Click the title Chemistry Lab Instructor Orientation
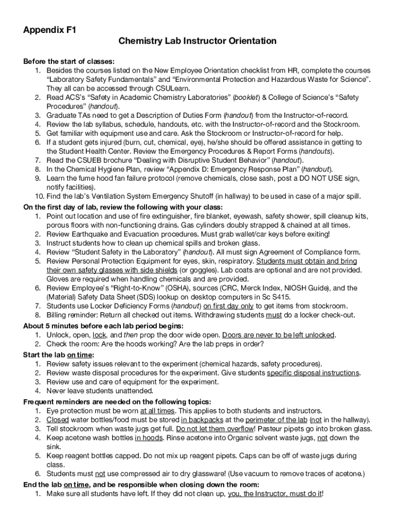pos(197,41)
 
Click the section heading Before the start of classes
pos(69,61)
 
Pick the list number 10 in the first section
pos(39,196)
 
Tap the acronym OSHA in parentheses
pos(167,288)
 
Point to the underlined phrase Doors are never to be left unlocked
pos(279,335)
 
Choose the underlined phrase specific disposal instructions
pos(313,373)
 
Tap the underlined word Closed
pos(57,419)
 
